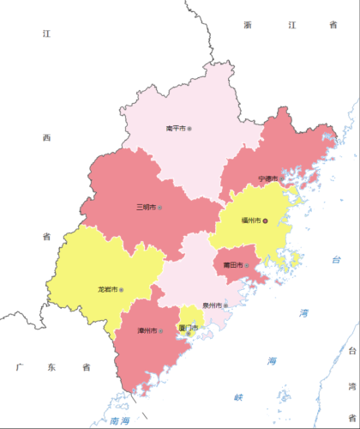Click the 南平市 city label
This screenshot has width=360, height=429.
coord(175,129)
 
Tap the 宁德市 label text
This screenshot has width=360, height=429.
coord(267,178)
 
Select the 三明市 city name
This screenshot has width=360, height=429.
coord(146,208)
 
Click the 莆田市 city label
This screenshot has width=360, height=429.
coord(232,264)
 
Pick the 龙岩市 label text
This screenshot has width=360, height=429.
coord(108,290)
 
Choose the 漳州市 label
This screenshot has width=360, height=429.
coord(147,330)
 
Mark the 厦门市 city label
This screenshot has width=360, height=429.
coord(188,329)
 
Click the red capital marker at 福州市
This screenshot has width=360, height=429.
coord(266,221)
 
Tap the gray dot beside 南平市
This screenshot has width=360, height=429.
coord(189,129)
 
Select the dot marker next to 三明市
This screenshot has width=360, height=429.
coord(160,208)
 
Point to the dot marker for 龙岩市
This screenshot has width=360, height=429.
coord(123,290)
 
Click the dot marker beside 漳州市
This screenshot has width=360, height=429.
coord(160,330)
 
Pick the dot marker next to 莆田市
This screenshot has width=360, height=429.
coord(247,265)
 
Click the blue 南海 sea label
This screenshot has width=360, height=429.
coord(119,420)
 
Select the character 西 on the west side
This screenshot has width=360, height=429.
coord(47,137)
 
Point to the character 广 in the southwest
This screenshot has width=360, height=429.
coord(18,367)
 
